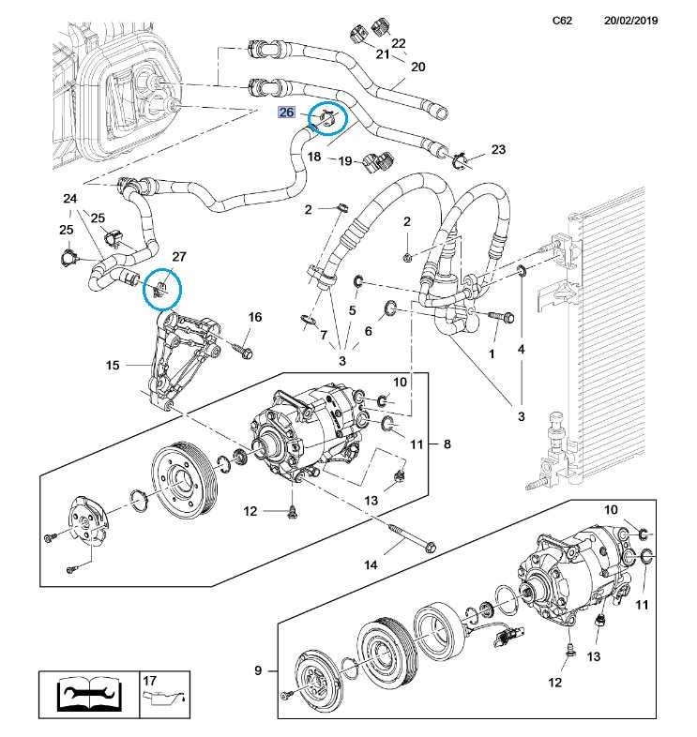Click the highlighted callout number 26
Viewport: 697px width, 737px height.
[287, 113]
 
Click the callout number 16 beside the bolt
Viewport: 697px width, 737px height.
[254, 318]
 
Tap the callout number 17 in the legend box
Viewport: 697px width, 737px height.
[148, 680]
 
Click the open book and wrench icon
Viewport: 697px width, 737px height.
[86, 695]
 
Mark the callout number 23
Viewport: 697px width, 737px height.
[498, 150]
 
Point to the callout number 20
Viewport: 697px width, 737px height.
[418, 67]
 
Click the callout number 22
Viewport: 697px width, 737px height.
[399, 43]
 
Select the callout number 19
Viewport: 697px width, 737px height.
[344, 161]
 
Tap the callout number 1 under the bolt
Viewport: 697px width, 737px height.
[491, 353]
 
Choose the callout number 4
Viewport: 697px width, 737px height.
[522, 350]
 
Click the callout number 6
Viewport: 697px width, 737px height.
[368, 331]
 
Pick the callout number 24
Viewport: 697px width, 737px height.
[70, 199]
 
